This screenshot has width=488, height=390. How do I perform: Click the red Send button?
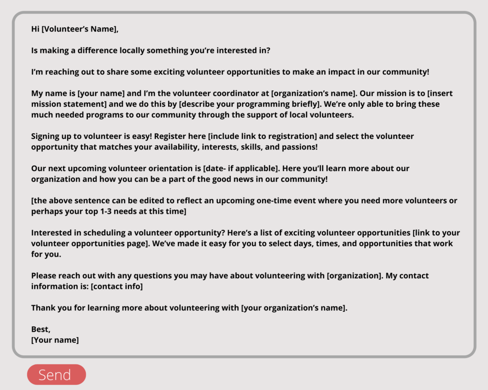click(x=56, y=375)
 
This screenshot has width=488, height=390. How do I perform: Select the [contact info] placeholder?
click(x=117, y=286)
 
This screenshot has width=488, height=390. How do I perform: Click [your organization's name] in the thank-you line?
click(x=294, y=308)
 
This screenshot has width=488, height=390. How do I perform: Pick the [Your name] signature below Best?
click(x=55, y=340)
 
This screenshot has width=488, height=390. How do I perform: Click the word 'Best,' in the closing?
click(x=41, y=329)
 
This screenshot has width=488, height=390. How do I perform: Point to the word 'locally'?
click(x=132, y=50)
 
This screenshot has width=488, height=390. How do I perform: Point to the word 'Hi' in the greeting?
click(x=35, y=29)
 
